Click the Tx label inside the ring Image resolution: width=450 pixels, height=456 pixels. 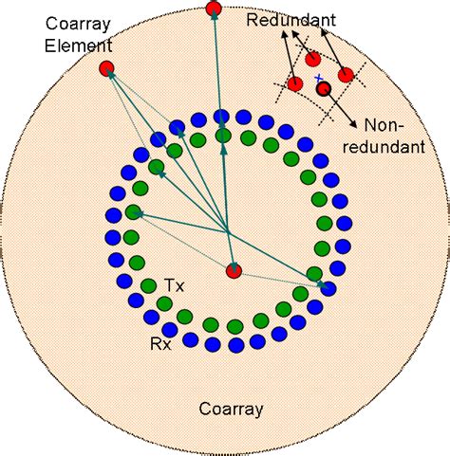tap(174, 284)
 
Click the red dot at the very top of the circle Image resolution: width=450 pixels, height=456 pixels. tap(213, 9)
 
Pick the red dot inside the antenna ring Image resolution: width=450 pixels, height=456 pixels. tap(234, 271)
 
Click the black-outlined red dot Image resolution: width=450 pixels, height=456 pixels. tap(324, 90)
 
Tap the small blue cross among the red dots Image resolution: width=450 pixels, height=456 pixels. tap(319, 77)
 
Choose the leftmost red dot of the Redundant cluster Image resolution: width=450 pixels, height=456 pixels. tap(295, 83)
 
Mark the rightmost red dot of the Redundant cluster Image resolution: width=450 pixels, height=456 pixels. tap(346, 74)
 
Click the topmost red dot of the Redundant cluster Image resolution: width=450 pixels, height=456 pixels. tap(313, 59)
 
